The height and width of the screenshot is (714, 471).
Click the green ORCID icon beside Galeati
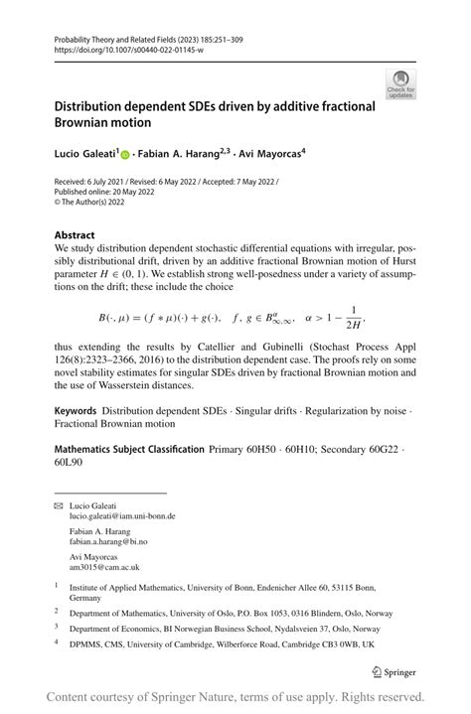click(x=125, y=155)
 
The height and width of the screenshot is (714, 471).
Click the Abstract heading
click(x=76, y=236)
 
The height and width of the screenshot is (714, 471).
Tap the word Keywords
click(x=75, y=410)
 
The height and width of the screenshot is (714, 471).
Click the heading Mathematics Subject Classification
click(x=128, y=450)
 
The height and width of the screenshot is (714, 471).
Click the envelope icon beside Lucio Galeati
click(x=58, y=506)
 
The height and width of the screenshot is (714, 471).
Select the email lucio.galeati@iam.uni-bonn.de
click(x=122, y=516)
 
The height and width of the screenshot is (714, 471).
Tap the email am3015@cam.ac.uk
click(x=103, y=568)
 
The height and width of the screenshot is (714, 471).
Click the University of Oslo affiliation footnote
click(x=224, y=612)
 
